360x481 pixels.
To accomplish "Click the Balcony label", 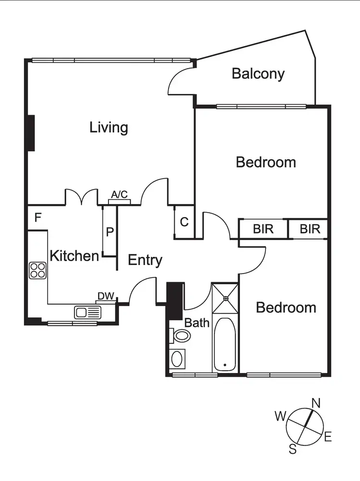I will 258,74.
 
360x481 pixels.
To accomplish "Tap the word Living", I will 109,128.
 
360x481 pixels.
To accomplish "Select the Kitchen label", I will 74,255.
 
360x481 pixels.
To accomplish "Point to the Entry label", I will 145,260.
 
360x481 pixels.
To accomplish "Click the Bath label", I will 197,323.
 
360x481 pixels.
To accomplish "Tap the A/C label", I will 120,194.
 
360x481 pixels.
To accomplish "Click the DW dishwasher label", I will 106,296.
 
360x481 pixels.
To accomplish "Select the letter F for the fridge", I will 38,218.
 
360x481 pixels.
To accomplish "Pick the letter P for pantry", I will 110,232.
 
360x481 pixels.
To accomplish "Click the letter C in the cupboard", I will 184,222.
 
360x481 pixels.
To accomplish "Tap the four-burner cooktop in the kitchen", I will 37,270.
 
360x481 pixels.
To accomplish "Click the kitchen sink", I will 88,313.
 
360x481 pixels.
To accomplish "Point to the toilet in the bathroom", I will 180,335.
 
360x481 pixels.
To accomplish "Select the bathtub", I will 225,344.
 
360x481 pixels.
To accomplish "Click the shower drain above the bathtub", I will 225,298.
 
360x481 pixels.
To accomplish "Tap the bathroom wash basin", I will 177,359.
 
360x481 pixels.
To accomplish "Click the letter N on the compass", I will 316,403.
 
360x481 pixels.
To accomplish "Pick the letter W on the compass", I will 280,416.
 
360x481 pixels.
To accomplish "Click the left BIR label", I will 263,229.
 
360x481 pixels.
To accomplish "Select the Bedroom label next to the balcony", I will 266,162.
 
